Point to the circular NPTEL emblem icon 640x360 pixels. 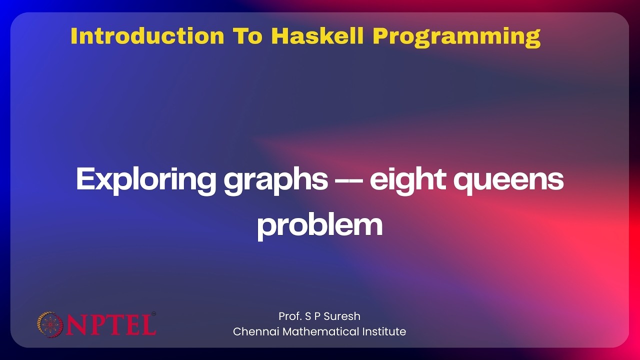click(49, 324)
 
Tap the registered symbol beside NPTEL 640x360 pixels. click(153, 314)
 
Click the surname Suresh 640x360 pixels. click(342, 316)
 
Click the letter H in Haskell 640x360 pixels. click(278, 36)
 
